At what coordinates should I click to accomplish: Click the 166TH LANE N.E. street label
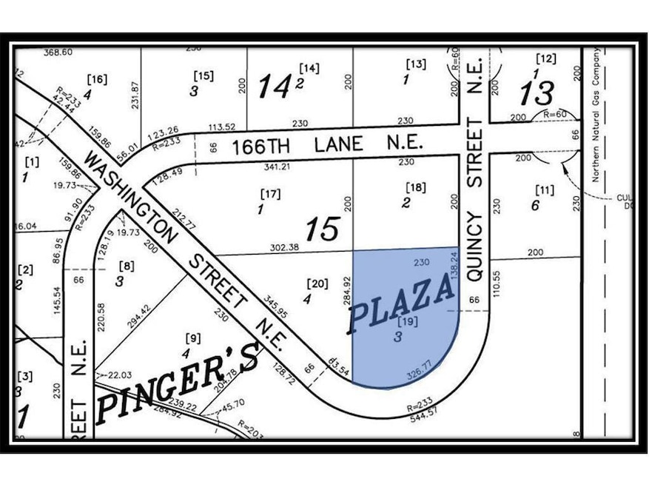click(x=326, y=144)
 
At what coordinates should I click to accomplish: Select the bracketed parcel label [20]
click(x=316, y=283)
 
